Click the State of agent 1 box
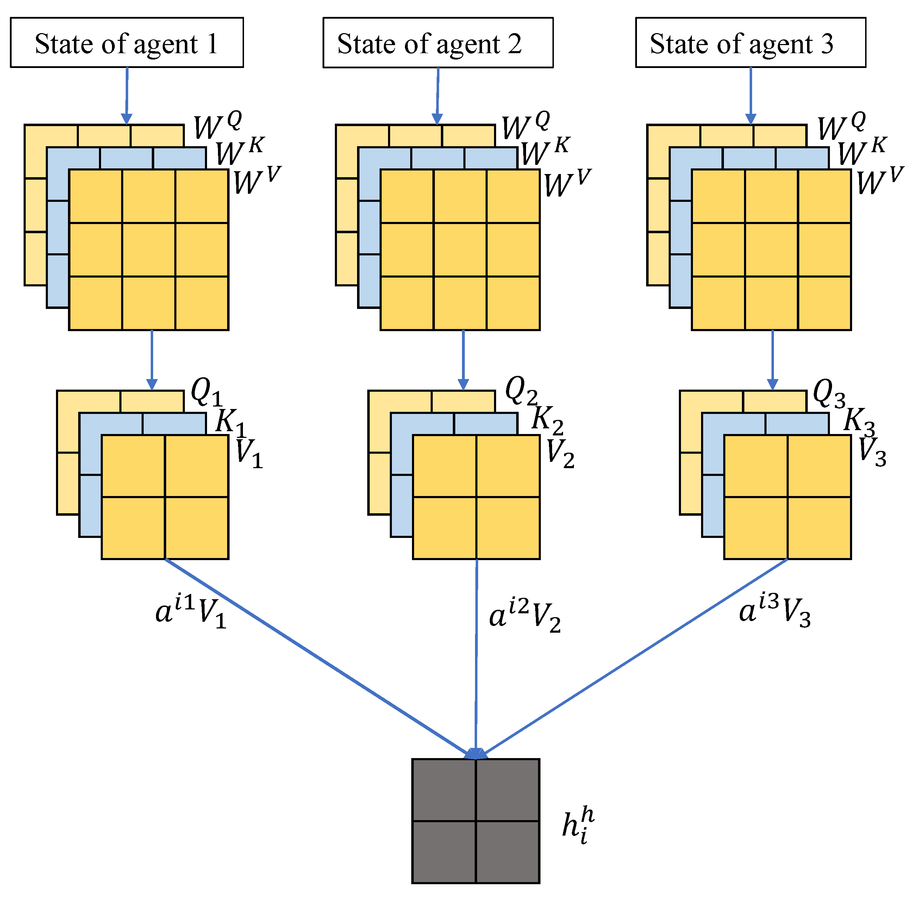coord(126,43)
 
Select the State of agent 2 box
coord(438,43)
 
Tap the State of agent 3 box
coord(750,43)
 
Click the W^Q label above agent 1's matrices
coord(217,125)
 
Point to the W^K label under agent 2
coord(545,151)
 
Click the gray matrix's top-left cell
coord(444,789)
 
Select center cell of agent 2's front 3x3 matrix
coord(460,250)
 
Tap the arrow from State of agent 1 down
coord(126,94)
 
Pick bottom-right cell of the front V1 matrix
coord(196,527)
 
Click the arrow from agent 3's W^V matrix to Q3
coord(772,359)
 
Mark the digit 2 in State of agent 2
coord(514,44)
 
